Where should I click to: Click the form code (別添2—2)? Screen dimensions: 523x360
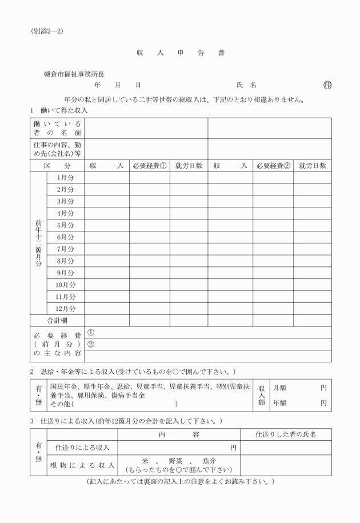[47, 31]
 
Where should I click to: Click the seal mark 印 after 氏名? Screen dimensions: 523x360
[327, 85]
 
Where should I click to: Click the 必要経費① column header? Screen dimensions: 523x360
[149, 166]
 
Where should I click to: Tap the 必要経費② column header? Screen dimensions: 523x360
[273, 166]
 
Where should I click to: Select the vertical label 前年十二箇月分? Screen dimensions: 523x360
[38, 243]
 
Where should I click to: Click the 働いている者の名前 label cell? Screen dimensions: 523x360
[57, 128]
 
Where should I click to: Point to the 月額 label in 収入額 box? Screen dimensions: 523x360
[279, 388]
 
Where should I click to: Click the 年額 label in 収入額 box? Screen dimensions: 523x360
[279, 402]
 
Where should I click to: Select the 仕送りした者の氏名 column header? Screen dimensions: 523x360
[286, 435]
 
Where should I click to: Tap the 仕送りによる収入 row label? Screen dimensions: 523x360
[82, 447]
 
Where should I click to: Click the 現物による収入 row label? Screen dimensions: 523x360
[82, 465]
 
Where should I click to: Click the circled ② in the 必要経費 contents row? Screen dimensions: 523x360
[90, 344]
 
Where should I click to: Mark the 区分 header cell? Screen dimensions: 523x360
[57, 166]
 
